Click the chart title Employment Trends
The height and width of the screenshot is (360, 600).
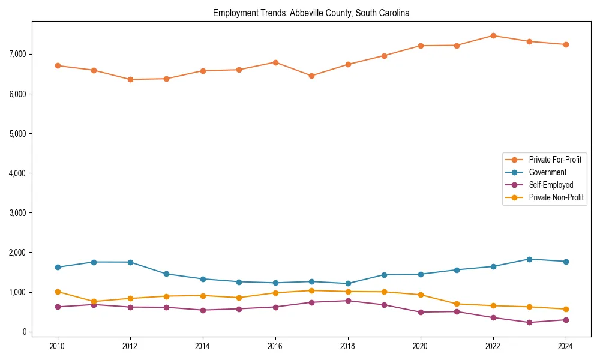pos(311,13)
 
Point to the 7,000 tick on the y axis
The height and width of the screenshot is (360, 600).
pos(17,54)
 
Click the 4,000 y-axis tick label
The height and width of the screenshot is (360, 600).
pos(17,173)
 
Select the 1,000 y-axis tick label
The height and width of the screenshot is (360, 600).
pos(17,292)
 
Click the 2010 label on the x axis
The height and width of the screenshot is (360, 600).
pos(58,346)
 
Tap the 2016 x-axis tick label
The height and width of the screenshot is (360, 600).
pos(275,346)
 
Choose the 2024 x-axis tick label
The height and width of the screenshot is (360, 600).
pos(565,346)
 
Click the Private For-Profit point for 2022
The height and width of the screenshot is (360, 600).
pos(493,35)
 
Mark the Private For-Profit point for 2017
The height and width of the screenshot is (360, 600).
pos(311,76)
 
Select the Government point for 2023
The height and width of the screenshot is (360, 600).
pos(529,259)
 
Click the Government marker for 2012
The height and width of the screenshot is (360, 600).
pos(130,262)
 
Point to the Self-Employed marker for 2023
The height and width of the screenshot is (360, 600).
pos(529,322)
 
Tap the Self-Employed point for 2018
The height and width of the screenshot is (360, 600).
pos(348,301)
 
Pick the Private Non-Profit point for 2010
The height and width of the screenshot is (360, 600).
pos(58,292)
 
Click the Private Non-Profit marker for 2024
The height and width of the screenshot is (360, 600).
pos(565,309)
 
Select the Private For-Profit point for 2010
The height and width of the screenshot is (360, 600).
pos(58,65)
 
